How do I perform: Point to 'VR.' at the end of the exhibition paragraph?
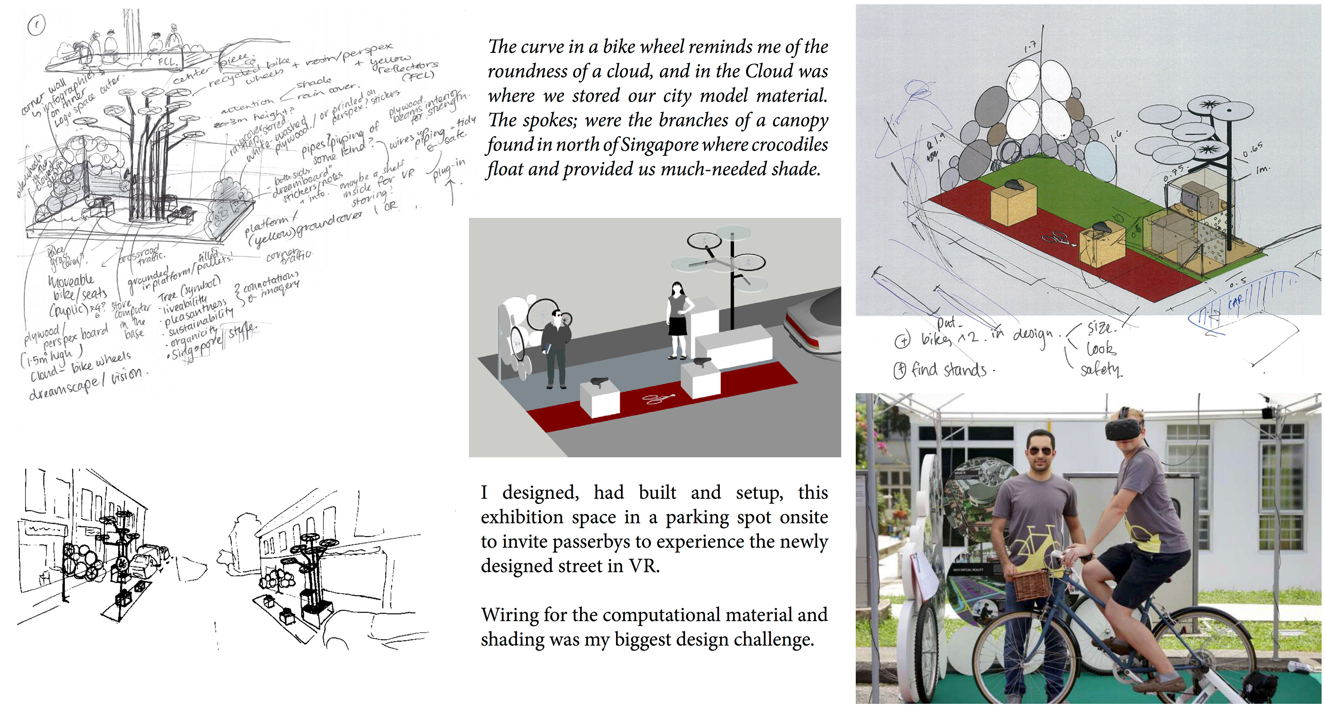click(643, 566)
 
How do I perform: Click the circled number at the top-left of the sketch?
click(37, 24)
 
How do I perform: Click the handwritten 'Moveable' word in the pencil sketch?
click(71, 281)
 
